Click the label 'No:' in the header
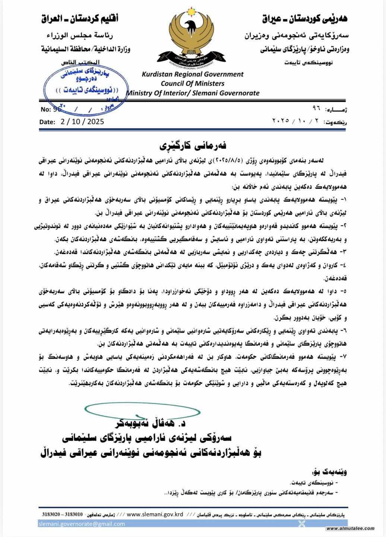pos(45,110)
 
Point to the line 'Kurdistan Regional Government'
pos(192,74)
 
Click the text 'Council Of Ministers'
pos(192,83)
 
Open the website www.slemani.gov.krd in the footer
pos(155,514)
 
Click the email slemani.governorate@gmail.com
pos(82,524)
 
